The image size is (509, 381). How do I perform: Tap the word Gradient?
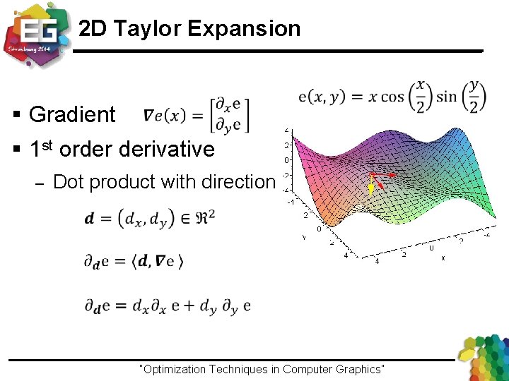point(72,114)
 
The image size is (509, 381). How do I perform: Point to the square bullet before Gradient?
point(17,115)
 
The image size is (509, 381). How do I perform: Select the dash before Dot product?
point(40,183)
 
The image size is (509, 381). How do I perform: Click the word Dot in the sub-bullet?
point(69,182)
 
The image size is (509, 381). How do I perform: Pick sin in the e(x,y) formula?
point(447,97)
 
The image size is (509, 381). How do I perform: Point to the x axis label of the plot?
point(443,258)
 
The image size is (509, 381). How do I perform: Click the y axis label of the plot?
point(304,237)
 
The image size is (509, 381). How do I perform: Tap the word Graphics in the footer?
point(358,369)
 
